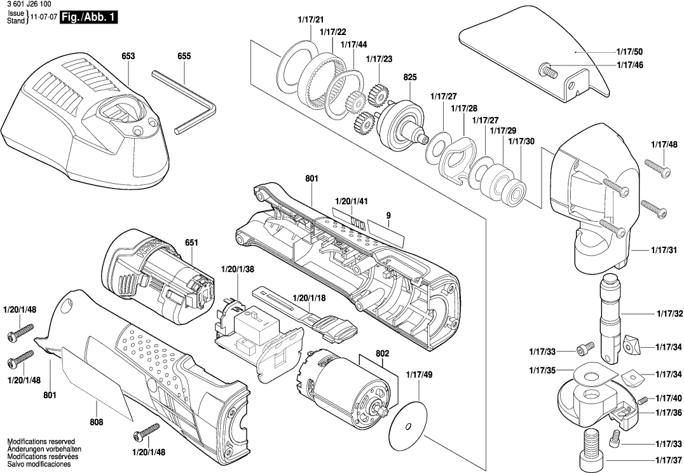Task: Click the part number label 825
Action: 409,77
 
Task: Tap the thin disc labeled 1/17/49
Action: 413,423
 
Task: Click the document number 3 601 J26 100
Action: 32,6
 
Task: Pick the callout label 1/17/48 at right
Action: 664,144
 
